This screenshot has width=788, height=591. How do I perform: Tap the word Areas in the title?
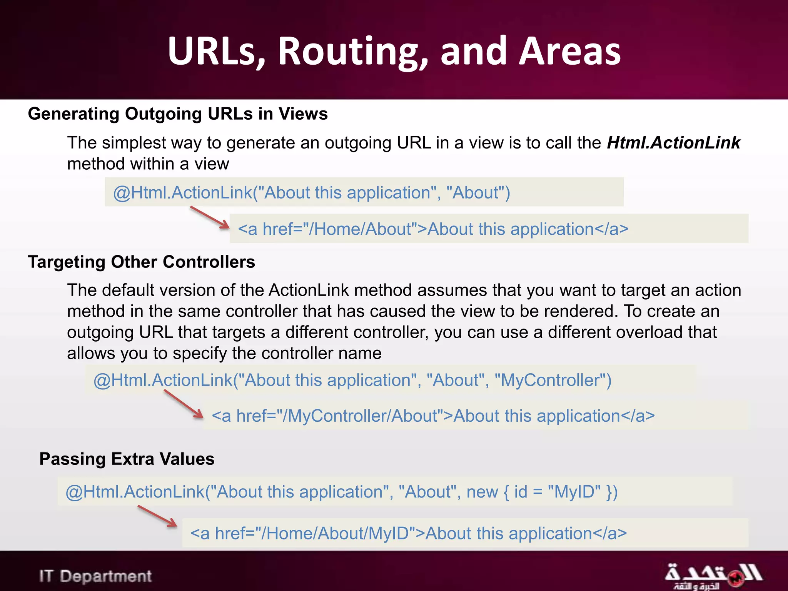point(569,51)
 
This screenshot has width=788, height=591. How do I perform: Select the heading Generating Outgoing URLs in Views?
point(178,114)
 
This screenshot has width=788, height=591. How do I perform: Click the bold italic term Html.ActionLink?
point(673,143)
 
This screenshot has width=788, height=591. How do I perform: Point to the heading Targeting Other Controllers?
point(141,262)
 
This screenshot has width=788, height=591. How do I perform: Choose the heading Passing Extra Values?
point(127,459)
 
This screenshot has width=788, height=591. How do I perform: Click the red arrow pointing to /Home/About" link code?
point(210,218)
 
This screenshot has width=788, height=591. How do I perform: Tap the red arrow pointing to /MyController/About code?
point(184,404)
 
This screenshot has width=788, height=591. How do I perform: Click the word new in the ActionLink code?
point(482,492)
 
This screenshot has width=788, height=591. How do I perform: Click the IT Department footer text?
point(95,576)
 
